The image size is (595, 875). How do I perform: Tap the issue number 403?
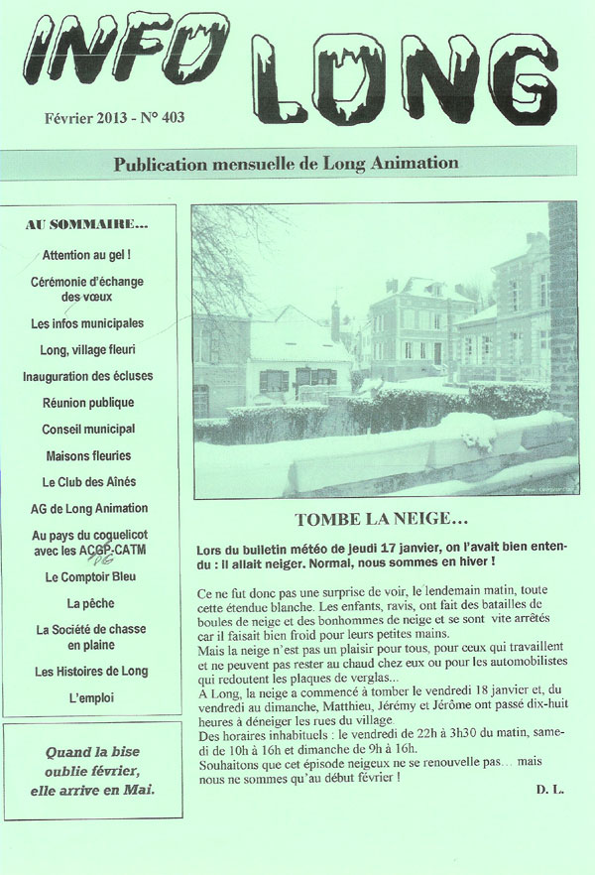[170, 117]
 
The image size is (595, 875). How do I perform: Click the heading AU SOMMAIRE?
[86, 225]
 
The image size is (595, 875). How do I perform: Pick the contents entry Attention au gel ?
[87, 255]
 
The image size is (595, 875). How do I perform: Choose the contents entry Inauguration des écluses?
[86, 377]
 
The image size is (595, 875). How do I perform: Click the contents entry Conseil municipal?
[87, 430]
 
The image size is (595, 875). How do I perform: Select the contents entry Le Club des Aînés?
[88, 482]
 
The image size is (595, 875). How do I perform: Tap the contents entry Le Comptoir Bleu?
[89, 576]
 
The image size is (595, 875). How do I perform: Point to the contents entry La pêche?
[87, 603]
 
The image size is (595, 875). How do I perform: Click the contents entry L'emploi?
[88, 698]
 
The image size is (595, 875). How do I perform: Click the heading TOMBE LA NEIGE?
[381, 519]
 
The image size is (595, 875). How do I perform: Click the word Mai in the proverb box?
[141, 791]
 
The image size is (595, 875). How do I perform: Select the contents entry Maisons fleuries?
[88, 456]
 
